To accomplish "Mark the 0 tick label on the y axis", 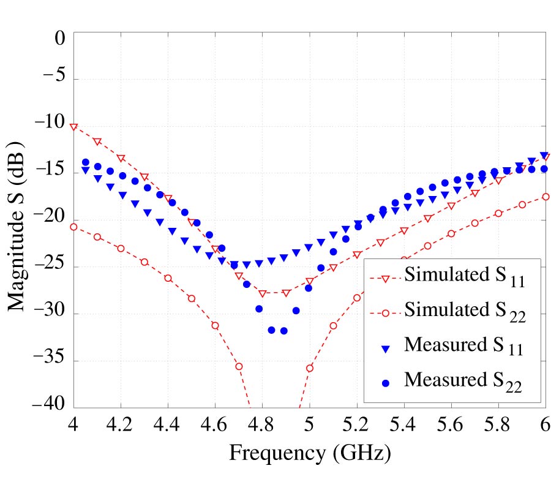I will click(59, 39).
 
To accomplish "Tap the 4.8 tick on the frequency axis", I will click(262, 424).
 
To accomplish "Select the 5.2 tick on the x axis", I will click(356, 424).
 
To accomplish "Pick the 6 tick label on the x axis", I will click(545, 424).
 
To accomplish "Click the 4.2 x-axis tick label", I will click(121, 424).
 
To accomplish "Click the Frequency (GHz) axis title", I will click(310, 454).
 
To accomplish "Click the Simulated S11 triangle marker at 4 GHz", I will click(74, 127).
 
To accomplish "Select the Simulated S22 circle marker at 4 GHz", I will click(74, 227).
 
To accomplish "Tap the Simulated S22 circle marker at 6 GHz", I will click(545, 197).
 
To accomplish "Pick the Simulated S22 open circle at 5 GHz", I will click(310, 368).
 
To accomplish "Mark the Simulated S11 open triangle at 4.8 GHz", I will click(263, 293).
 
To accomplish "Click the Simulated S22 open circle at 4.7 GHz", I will click(239, 366).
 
